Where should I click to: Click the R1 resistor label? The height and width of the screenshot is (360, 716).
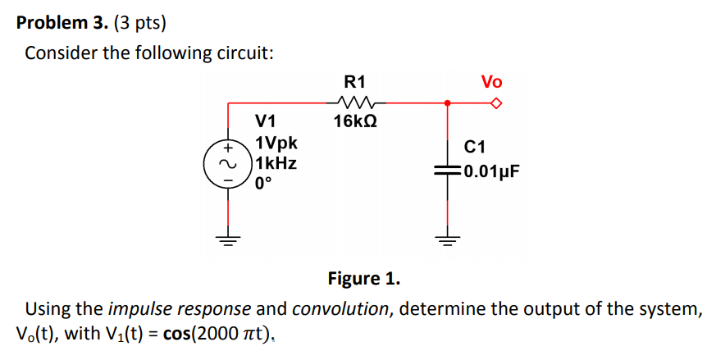356,82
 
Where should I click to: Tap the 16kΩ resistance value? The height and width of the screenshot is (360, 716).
356,122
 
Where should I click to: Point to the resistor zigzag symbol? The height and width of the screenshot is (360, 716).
356,103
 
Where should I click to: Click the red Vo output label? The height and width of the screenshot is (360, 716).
491,82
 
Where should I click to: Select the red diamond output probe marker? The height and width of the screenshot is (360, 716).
495,103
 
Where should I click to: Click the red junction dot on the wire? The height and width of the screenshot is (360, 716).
447,103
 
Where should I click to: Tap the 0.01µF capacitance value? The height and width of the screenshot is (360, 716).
492,172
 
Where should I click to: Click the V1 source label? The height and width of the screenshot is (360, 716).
267,125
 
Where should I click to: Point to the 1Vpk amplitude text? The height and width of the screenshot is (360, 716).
277,144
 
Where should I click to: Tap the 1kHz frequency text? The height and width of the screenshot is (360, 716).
277,163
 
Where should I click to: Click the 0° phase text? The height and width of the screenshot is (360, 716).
262,183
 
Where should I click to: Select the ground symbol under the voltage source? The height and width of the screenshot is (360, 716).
227,239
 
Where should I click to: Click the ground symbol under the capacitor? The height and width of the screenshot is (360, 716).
448,239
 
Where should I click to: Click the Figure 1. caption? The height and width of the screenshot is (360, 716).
364,279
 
